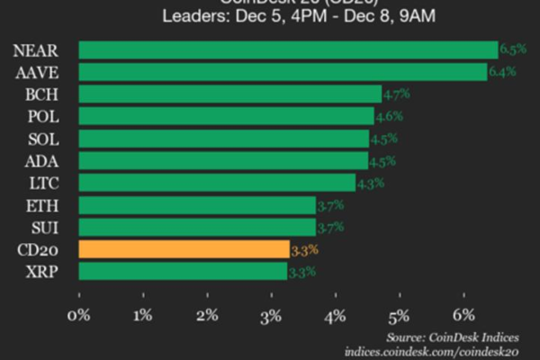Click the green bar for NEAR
coord(288,49)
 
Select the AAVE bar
coord(283,71)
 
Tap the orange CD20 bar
coord(184,249)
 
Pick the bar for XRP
coord(183,271)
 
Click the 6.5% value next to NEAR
coord(511,50)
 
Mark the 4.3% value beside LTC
coord(371,184)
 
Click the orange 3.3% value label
coord(304,249)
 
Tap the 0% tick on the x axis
coord(79,314)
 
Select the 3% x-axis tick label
coord(272,314)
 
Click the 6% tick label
coord(464,314)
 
